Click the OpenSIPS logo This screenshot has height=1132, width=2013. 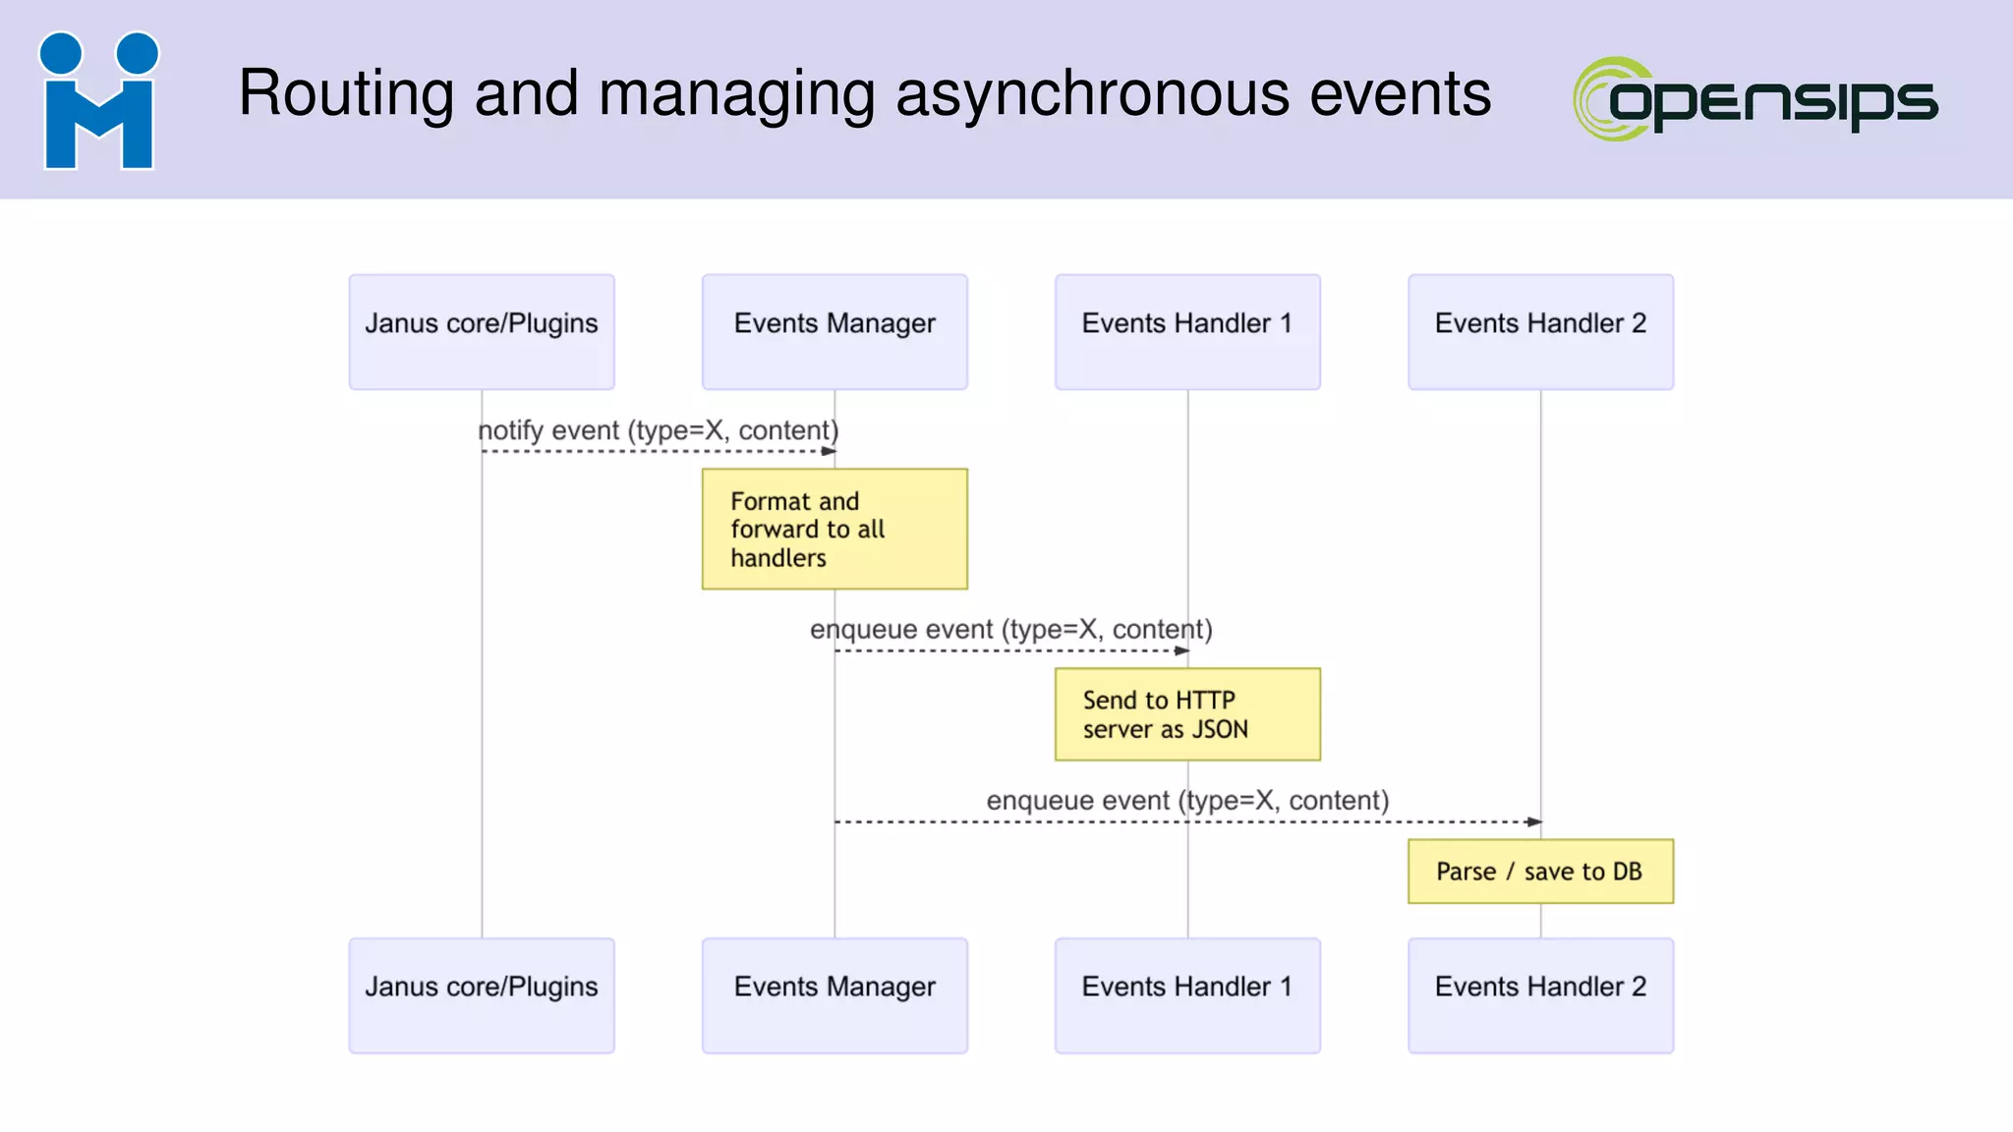click(1755, 99)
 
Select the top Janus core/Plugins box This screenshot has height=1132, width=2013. click(482, 332)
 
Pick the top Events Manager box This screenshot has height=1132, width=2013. click(834, 332)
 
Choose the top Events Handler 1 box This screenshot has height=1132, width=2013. click(1187, 332)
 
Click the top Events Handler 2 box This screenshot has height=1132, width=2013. click(1540, 332)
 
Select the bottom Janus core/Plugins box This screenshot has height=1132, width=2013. click(482, 995)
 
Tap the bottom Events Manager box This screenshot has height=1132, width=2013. click(834, 995)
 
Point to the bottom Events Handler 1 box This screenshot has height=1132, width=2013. click(1187, 995)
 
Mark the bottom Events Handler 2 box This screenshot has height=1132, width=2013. click(1540, 995)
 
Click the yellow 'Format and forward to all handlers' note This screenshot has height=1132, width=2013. click(834, 529)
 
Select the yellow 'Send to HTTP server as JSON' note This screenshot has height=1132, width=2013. click(1187, 714)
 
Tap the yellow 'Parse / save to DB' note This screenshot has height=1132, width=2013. click(1540, 872)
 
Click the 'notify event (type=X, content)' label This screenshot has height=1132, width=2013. click(659, 430)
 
